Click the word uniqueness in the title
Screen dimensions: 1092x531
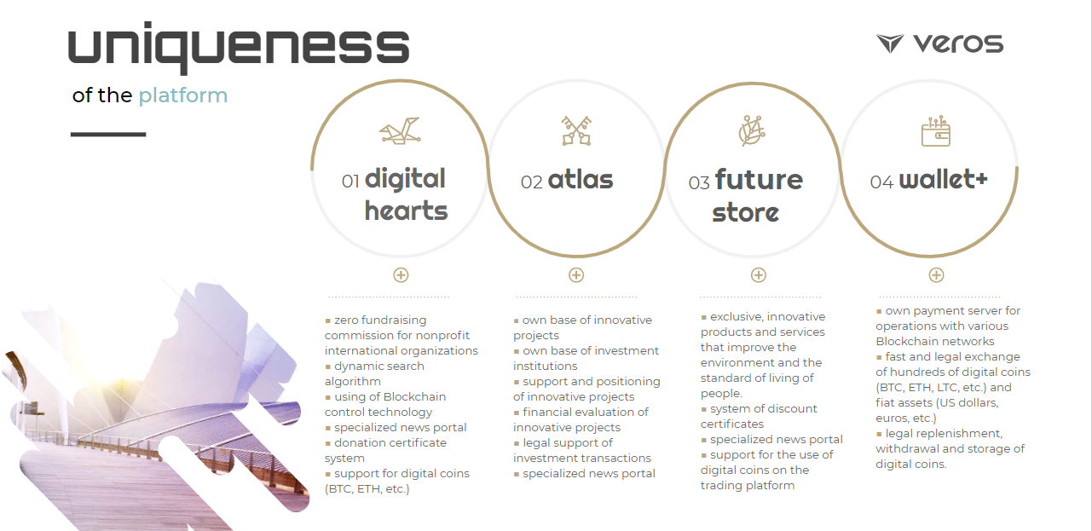[239, 47]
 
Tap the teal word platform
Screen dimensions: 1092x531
[183, 96]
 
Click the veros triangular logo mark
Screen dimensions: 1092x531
[890, 43]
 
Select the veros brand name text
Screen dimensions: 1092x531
[958, 43]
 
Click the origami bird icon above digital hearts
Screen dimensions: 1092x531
[401, 130]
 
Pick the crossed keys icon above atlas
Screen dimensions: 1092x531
[576, 130]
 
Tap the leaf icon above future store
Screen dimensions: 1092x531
[752, 130]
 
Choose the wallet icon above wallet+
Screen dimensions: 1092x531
[935, 130]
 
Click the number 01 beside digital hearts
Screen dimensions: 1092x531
[350, 182]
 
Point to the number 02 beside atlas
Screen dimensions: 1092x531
[531, 182]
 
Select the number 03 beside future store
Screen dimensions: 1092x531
[698, 183]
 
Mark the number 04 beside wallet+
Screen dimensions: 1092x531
[881, 182]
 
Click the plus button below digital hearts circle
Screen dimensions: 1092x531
[401, 275]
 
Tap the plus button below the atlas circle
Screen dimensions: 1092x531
[576, 275]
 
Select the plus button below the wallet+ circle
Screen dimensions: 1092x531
[936, 275]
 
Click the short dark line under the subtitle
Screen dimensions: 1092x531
[108, 134]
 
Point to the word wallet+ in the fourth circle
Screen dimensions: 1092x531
[944, 179]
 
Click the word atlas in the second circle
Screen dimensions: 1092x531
[581, 180]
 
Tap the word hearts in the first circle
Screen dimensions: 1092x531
[406, 211]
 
